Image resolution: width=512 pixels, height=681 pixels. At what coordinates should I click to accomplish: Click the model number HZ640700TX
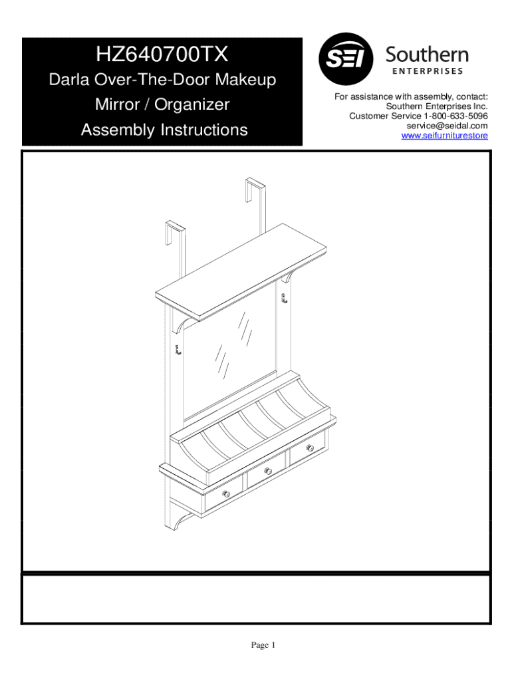pos(162,55)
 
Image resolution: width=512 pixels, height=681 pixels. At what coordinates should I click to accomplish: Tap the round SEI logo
pos(346,59)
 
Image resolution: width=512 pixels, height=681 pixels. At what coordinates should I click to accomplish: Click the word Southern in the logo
pos(428,55)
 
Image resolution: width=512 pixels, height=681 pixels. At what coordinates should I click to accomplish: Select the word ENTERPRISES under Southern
pos(428,71)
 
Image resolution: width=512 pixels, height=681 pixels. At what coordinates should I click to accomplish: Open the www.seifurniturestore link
pos(444,136)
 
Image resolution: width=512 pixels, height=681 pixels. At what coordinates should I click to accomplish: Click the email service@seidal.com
pos(447,126)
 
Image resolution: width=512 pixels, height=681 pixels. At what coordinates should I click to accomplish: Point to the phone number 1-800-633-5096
pos(455,116)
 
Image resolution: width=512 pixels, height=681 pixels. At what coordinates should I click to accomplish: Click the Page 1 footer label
pos(263,645)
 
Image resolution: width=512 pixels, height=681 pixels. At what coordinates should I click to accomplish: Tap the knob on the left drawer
pos(226,493)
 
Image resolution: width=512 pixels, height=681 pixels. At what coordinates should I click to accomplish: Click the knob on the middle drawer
pos(268,471)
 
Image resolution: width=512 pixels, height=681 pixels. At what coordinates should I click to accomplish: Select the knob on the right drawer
pos(310,448)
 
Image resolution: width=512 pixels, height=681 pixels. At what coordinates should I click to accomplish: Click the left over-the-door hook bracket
pos(176,248)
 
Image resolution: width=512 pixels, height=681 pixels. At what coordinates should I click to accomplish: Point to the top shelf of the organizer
pos(241,272)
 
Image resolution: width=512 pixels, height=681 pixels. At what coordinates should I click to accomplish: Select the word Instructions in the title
pos(204,130)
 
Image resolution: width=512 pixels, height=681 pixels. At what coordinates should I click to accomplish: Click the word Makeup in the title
pos(246,80)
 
